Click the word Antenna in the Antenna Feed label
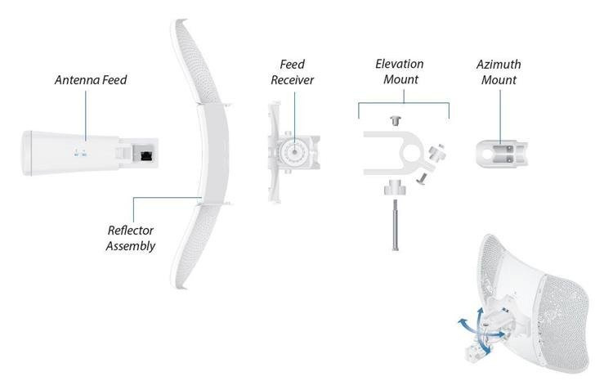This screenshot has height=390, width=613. pos(77,80)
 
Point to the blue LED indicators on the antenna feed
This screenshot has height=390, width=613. pos(80,153)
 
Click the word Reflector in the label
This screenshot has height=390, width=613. pos(130,230)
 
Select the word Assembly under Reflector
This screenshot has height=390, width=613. pos(131,245)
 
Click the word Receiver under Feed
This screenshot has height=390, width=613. pos(292,80)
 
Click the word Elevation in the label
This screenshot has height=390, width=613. pos(399,64)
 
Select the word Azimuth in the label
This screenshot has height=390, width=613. pos(499,64)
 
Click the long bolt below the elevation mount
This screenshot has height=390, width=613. pos(396,224)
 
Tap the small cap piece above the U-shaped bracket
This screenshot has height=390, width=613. pos(396,120)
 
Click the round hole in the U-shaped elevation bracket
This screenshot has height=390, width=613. pos(411,153)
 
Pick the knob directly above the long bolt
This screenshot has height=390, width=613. pos(395,187)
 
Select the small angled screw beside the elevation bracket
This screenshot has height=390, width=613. pos(422,178)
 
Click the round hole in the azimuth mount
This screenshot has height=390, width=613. pos(487,154)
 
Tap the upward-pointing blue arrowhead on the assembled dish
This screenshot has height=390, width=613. pos(480,312)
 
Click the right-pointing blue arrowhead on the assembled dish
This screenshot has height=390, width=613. pos(502,334)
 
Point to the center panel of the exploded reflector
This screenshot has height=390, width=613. pos(213,153)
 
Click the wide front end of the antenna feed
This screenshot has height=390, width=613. pos(27,153)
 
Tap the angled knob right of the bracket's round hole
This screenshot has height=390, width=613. pos(436,152)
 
